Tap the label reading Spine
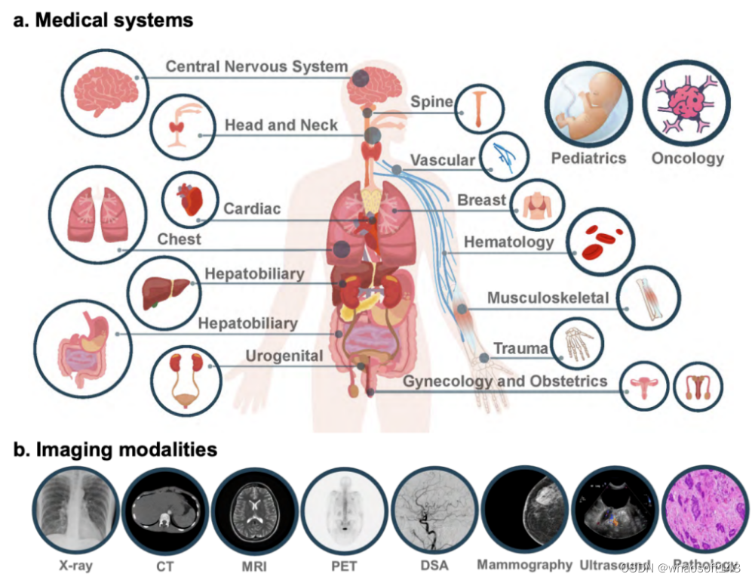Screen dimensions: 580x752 (431, 102)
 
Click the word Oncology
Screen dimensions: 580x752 (687, 159)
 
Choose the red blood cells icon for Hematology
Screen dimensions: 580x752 (600, 241)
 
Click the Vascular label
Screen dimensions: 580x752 (443, 160)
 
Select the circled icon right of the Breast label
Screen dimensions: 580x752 (537, 203)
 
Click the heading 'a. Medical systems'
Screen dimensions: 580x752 (103, 20)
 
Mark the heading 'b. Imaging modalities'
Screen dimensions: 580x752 (115, 450)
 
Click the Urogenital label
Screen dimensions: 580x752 (284, 356)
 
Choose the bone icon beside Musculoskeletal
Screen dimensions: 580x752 (649, 298)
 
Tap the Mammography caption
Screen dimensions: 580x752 (524, 565)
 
